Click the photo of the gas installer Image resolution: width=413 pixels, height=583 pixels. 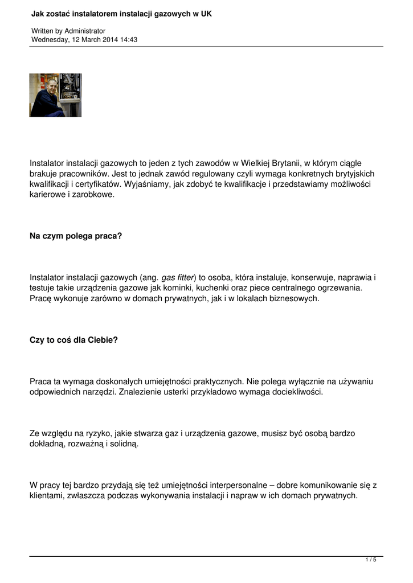55,95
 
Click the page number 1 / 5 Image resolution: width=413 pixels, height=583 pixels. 370,560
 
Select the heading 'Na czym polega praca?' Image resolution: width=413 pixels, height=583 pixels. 76,235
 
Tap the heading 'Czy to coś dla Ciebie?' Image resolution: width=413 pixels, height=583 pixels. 74,340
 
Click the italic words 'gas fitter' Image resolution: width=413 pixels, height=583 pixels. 177,277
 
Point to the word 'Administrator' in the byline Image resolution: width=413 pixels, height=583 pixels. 85,31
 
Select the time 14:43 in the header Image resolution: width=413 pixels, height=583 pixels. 129,40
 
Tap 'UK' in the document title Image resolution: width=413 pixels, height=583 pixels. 206,13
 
